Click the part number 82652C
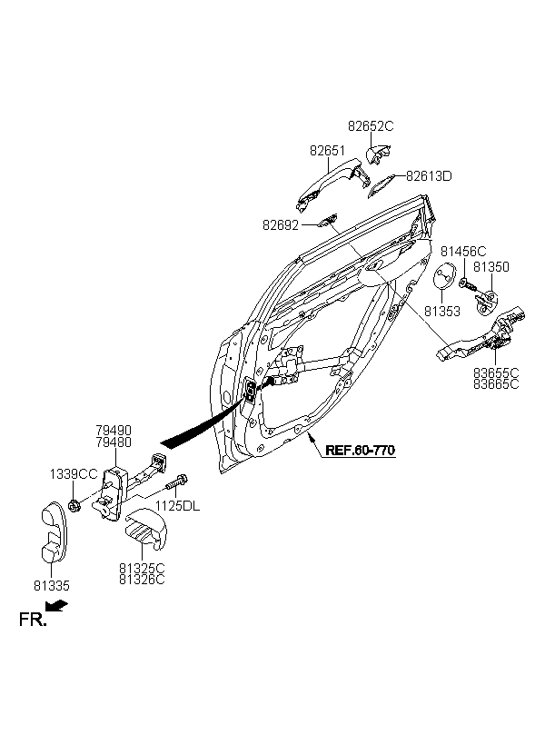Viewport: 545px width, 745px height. [x=371, y=126]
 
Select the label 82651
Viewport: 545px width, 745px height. [x=327, y=151]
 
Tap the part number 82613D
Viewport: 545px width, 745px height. [x=429, y=176]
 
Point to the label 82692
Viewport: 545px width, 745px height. [x=281, y=225]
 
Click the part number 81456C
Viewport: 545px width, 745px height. [x=464, y=252]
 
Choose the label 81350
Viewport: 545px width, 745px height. [x=491, y=267]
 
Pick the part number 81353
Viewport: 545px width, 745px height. [x=442, y=312]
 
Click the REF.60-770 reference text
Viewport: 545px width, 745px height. [x=361, y=450]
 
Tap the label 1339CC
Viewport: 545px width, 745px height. [x=74, y=474]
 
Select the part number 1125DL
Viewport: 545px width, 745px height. [x=178, y=506]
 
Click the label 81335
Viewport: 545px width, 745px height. [x=51, y=586]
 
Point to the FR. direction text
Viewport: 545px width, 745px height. [x=33, y=620]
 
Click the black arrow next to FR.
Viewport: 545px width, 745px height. [x=56, y=605]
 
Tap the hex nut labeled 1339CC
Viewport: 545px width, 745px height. [x=74, y=506]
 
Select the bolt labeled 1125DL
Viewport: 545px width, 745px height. [x=177, y=482]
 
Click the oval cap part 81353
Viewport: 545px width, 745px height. [x=445, y=275]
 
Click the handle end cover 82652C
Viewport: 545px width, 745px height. [x=377, y=154]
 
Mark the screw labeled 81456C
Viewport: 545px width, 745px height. [x=467, y=285]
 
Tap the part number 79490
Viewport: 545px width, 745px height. [x=114, y=431]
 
